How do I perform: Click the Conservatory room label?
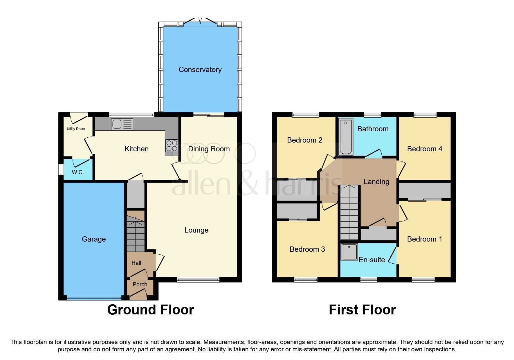click(x=200, y=70)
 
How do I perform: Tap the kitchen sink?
click(x=122, y=124)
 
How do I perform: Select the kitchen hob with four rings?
click(x=172, y=146)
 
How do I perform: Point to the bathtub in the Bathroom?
click(x=345, y=137)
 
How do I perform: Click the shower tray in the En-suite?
click(x=349, y=252)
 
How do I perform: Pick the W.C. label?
click(x=78, y=172)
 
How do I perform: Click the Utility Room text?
click(x=76, y=129)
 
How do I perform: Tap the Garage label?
click(x=94, y=239)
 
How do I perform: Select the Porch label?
click(x=140, y=285)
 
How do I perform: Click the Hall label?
click(x=136, y=263)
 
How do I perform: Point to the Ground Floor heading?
click(x=151, y=310)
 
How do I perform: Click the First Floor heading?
click(x=362, y=310)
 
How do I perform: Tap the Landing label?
click(x=376, y=182)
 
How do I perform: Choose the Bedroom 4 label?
click(x=425, y=149)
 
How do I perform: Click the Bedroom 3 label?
click(x=307, y=249)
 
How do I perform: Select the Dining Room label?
click(x=209, y=149)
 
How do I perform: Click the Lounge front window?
click(x=198, y=280)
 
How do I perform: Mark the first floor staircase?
click(x=349, y=213)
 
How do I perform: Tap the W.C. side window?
click(x=61, y=169)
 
